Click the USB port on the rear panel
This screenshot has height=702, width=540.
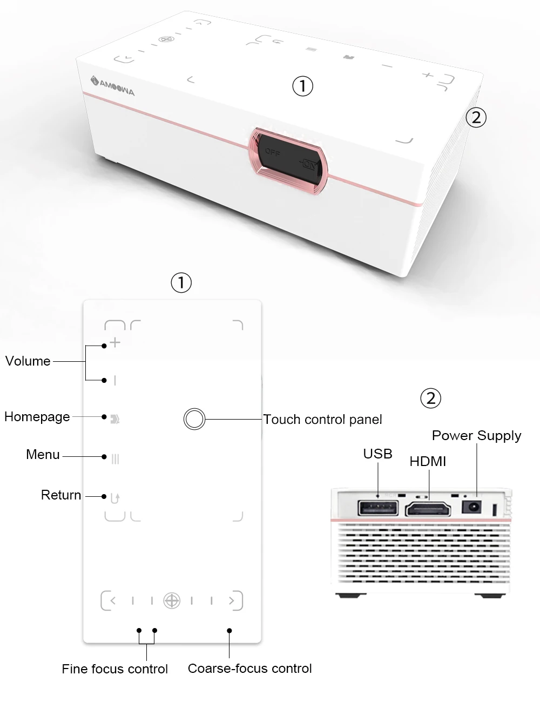coord(378,509)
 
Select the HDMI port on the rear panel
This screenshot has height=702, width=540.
coord(429,509)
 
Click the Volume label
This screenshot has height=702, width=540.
coord(28,361)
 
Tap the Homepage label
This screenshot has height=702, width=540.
coord(37,417)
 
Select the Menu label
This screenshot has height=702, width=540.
coord(43,455)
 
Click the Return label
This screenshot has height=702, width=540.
coord(61,495)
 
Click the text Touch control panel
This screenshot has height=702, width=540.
coord(322,420)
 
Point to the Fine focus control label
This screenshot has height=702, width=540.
coord(114,669)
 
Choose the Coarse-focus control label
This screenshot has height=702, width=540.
coord(249,669)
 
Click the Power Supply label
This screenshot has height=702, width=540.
coord(476,436)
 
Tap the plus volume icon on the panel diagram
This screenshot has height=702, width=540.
coord(115,343)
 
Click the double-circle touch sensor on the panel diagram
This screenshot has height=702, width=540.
coord(194,419)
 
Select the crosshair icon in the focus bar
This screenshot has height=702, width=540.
coord(172,600)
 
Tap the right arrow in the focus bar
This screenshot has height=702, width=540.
coord(232,600)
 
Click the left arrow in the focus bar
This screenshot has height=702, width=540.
coord(112,600)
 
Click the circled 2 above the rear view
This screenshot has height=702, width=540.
coord(430,399)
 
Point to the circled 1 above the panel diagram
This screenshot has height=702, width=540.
coord(181,282)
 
